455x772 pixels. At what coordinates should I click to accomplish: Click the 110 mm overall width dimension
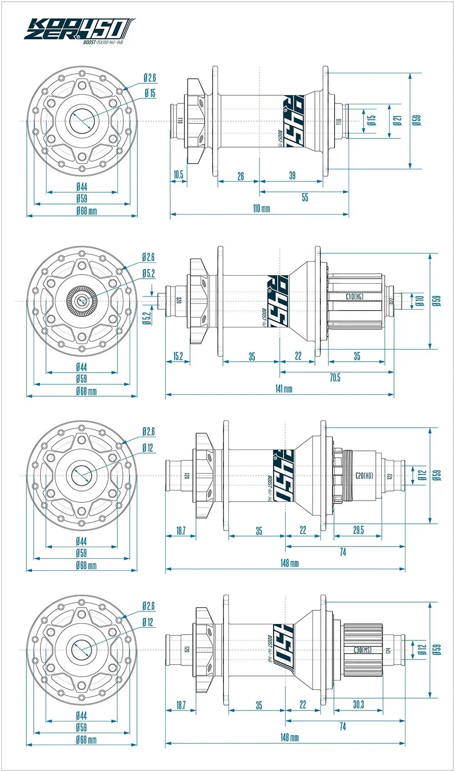click(x=261, y=209)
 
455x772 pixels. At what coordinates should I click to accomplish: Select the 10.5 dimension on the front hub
click(x=178, y=174)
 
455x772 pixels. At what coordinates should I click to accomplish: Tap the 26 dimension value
click(x=241, y=176)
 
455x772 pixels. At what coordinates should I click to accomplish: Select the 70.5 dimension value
click(x=335, y=378)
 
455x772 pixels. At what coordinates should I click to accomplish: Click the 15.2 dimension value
click(x=178, y=356)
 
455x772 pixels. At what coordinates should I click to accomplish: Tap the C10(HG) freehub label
click(x=354, y=297)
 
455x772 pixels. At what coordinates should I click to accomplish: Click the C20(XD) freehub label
click(x=364, y=475)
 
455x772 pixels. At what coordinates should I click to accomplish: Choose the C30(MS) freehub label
click(x=363, y=650)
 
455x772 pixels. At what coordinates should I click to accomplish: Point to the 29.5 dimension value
click(x=358, y=530)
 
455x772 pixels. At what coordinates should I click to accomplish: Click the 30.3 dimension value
click(x=358, y=704)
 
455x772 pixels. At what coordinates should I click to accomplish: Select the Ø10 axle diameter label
click(x=420, y=301)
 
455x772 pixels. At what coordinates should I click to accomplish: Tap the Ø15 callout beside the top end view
click(x=150, y=93)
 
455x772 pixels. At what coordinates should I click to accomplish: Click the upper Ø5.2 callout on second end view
click(x=148, y=273)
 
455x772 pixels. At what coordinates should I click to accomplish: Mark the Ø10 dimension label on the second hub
click(x=420, y=301)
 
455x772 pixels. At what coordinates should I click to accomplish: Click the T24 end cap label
click(x=388, y=650)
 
